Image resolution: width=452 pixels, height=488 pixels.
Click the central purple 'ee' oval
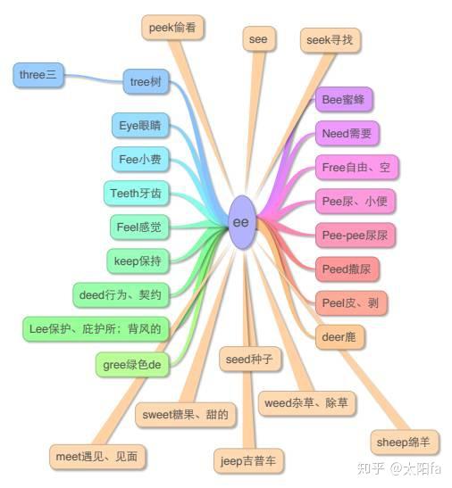(x=242, y=222)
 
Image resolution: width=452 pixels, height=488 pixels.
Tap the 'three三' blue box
(x=38, y=75)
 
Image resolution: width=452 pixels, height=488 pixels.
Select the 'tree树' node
(x=146, y=82)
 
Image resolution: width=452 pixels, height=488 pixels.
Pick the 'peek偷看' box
(x=172, y=28)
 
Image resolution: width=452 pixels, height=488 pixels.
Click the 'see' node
(x=259, y=39)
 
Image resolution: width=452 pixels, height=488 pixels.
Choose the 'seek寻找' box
(x=331, y=40)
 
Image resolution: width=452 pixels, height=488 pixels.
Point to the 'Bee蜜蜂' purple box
(x=344, y=100)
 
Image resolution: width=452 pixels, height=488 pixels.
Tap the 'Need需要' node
(x=347, y=134)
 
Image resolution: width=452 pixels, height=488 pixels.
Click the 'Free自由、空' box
(x=356, y=168)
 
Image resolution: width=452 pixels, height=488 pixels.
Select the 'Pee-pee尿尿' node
(x=355, y=236)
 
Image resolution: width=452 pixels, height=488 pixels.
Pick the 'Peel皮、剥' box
(x=351, y=302)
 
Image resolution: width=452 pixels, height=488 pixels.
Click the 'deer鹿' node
(x=339, y=336)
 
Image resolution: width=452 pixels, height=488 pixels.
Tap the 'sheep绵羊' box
(x=405, y=443)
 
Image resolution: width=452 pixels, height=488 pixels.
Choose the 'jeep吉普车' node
(x=248, y=461)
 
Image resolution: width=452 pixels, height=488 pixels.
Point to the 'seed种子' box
(x=250, y=360)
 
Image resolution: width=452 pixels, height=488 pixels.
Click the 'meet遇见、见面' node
(x=97, y=457)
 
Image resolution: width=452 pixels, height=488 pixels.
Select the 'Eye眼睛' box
(x=140, y=126)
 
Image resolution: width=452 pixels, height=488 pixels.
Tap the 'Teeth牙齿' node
(x=136, y=194)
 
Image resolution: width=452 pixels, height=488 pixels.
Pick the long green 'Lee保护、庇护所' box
(x=96, y=329)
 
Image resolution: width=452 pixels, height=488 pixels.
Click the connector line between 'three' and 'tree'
(x=94, y=79)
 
